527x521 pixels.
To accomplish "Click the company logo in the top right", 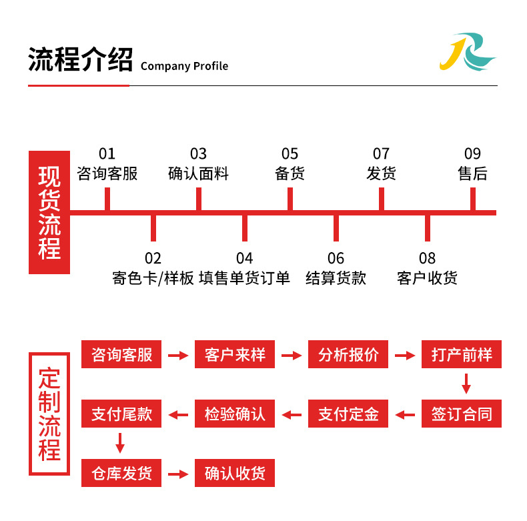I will coord(467,53).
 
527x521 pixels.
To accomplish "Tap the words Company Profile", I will coord(184,66).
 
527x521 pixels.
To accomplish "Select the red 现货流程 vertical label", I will coord(49,213).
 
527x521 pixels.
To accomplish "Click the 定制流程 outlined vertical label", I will coord(49,414).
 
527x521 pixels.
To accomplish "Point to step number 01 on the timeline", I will coord(107,154).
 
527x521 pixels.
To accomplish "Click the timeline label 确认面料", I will coord(198,174).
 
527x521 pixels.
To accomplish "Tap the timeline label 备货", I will coord(290,174).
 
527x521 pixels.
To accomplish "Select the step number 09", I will coord(472,154).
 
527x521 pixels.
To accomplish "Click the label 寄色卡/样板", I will coord(153,278).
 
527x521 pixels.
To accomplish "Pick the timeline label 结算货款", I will coord(336,278).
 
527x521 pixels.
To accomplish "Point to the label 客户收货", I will coord(427,278).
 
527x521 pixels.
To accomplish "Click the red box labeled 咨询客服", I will coord(121,355).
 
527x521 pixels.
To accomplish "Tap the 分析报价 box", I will coord(348,355).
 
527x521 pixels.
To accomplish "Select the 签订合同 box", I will coord(462,414).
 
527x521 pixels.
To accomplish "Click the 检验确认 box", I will coord(235,414).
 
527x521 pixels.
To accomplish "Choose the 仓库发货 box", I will coord(121,474).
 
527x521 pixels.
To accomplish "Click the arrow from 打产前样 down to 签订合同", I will coord(466,384).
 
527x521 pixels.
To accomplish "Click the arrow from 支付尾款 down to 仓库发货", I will coord(120,443).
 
